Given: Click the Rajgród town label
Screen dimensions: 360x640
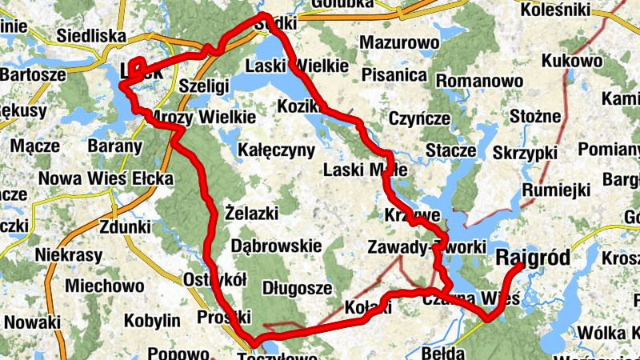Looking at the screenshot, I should (533, 258).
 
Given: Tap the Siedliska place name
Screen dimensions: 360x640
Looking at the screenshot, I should (92, 36).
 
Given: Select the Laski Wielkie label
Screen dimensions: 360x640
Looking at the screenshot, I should (297, 66).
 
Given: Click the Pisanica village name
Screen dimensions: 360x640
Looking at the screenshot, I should (394, 74).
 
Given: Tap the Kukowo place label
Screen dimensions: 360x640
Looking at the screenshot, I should (571, 61).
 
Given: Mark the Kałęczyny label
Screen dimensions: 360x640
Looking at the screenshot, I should (277, 150).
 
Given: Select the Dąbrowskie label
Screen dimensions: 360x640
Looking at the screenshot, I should (275, 246).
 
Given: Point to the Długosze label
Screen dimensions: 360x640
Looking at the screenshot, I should (297, 286).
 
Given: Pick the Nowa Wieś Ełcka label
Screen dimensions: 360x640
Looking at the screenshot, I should (106, 178).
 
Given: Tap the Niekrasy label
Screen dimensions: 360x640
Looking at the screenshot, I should (69, 256).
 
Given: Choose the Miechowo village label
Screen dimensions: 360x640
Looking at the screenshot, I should (105, 286).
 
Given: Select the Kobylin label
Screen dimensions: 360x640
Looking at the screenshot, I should (152, 322).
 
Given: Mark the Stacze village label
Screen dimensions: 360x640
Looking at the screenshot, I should (451, 150).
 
